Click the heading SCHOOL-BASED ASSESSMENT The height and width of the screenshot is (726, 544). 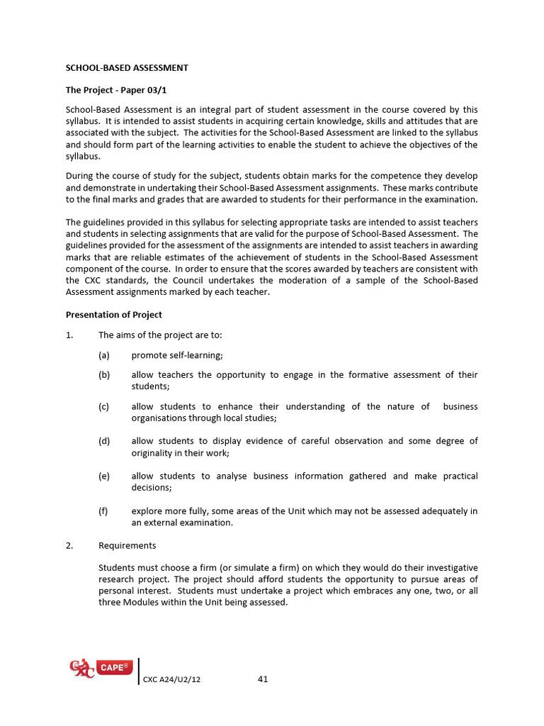[127, 68]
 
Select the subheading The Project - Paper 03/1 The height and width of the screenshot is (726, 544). [116, 90]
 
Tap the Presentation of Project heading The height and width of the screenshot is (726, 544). [113, 315]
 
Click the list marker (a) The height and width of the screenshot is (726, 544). [104, 355]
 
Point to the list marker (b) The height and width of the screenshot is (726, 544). [104, 375]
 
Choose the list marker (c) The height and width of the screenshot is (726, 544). [104, 407]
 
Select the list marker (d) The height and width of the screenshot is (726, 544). [104, 441]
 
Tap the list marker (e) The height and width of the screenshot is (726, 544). [104, 476]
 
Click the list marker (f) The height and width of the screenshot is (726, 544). [103, 510]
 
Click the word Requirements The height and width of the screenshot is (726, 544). [127, 546]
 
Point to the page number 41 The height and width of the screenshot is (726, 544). [263, 679]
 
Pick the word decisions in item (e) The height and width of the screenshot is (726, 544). [152, 488]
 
